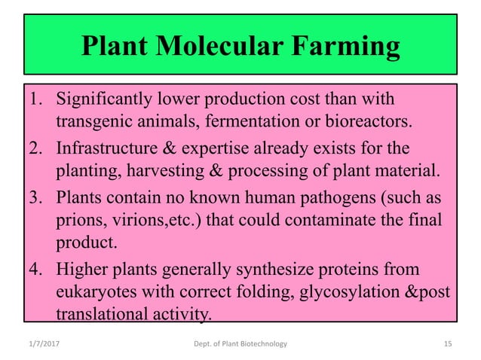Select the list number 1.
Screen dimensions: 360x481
35,99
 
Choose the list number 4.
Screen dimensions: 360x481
35,269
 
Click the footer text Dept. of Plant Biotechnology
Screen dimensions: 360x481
240,344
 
